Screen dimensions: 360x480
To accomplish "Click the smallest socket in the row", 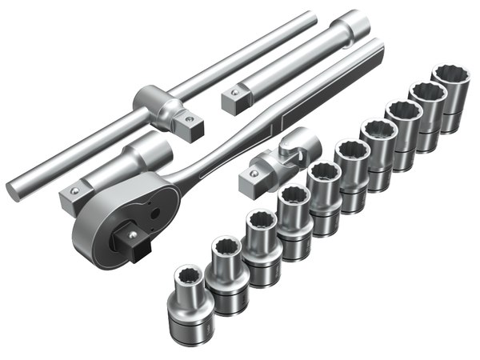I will [x=190, y=300].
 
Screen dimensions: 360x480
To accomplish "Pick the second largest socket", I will [x=426, y=112].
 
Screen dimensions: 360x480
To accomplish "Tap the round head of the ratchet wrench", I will [x=120, y=224].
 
